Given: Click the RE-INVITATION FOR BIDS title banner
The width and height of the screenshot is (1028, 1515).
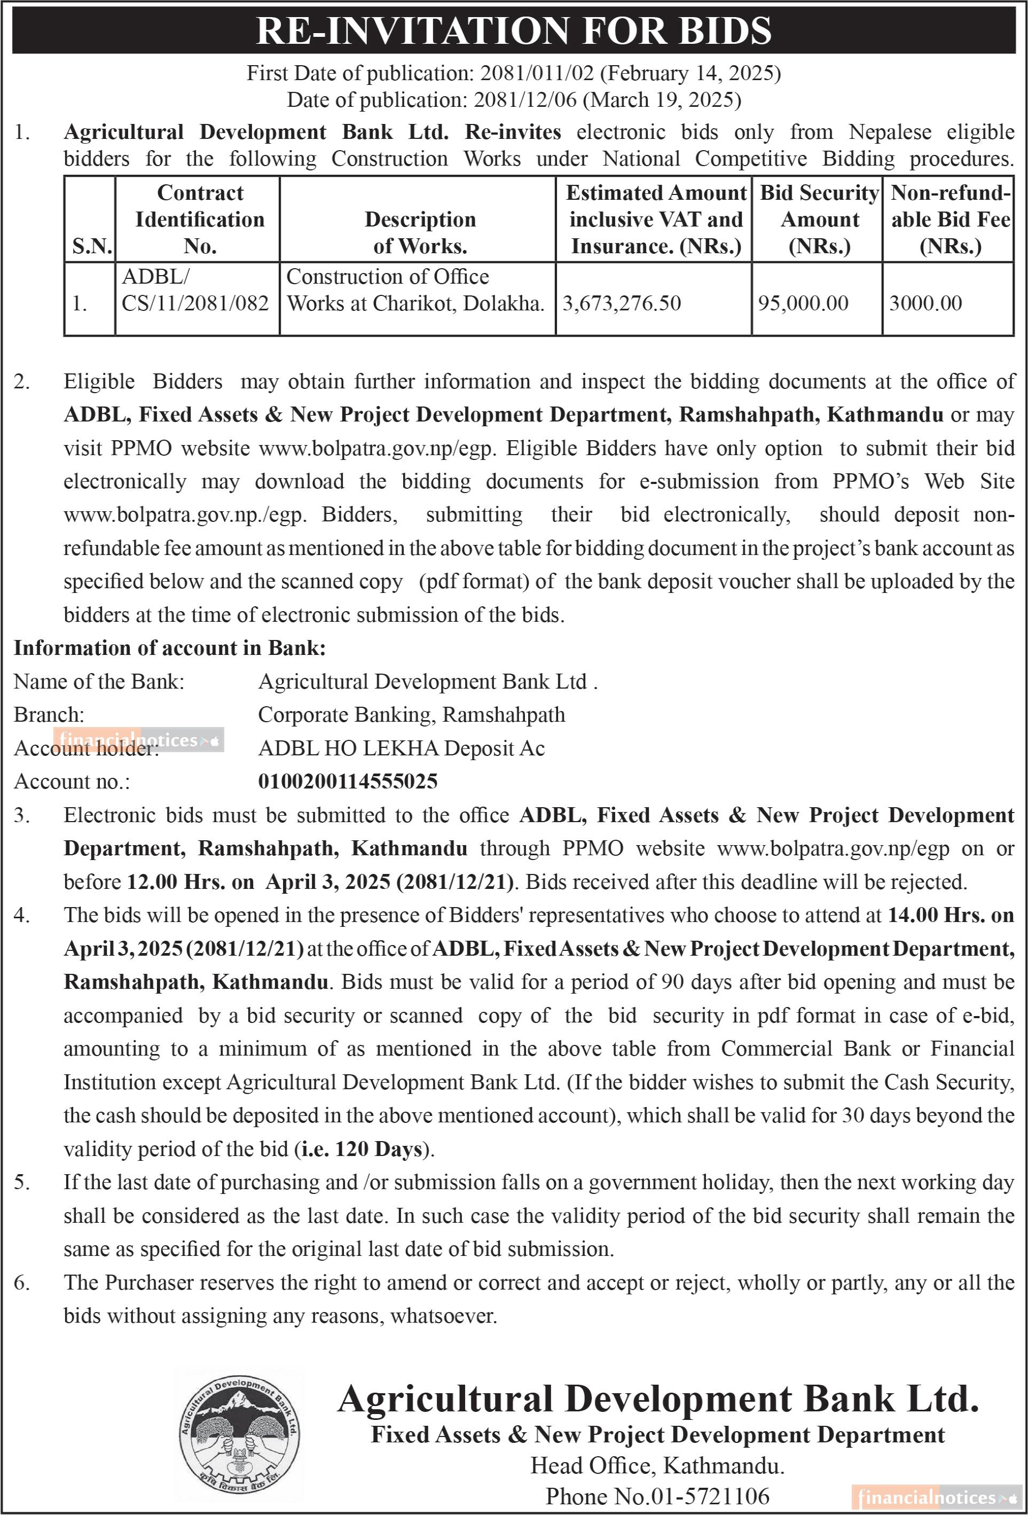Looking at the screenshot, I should [x=514, y=30].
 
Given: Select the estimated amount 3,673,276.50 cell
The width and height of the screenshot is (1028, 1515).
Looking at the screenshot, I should [x=622, y=303].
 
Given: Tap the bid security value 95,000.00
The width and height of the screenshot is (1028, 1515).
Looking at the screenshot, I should [x=803, y=303].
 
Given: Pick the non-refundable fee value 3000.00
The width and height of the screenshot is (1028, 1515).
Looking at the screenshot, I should [x=925, y=303].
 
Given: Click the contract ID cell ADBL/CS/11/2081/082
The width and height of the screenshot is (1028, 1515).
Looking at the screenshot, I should [x=195, y=290].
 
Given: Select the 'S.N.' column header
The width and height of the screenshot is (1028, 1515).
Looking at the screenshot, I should [x=92, y=246].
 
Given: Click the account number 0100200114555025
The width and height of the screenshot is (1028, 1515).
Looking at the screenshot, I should [x=348, y=781].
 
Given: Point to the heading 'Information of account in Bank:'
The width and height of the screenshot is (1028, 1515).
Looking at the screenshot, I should [x=169, y=647].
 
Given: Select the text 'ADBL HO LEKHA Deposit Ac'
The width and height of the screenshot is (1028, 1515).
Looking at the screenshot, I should [x=402, y=748].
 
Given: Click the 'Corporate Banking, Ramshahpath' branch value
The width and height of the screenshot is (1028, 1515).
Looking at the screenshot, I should [x=412, y=714].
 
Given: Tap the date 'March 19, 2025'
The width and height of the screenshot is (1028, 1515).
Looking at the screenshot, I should [x=662, y=100].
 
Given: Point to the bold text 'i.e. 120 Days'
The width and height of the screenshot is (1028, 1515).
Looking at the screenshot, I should [x=362, y=1149].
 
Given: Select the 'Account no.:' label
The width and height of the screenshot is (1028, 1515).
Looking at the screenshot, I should [x=72, y=781].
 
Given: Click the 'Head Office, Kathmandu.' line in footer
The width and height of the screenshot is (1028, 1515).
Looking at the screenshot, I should [x=657, y=1465].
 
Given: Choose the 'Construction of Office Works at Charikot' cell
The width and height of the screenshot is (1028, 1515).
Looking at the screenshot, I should [x=415, y=290].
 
